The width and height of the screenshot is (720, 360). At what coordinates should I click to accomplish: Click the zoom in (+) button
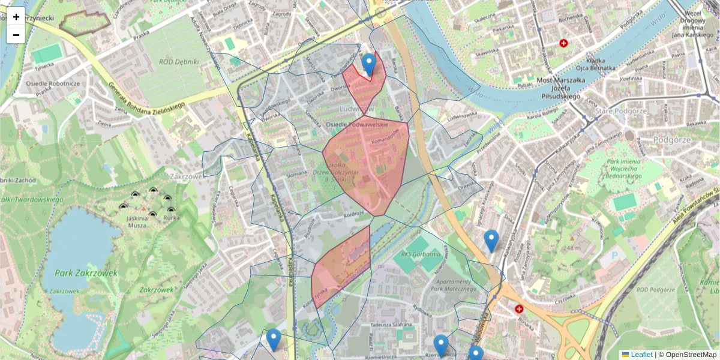[16, 16]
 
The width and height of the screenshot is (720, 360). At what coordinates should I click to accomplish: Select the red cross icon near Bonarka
[519, 309]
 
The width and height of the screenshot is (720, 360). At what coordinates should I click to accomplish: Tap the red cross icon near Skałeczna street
[563, 43]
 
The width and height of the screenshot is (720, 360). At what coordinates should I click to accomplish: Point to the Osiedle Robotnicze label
[53, 83]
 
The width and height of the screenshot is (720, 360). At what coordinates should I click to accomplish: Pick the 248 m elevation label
[572, 248]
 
